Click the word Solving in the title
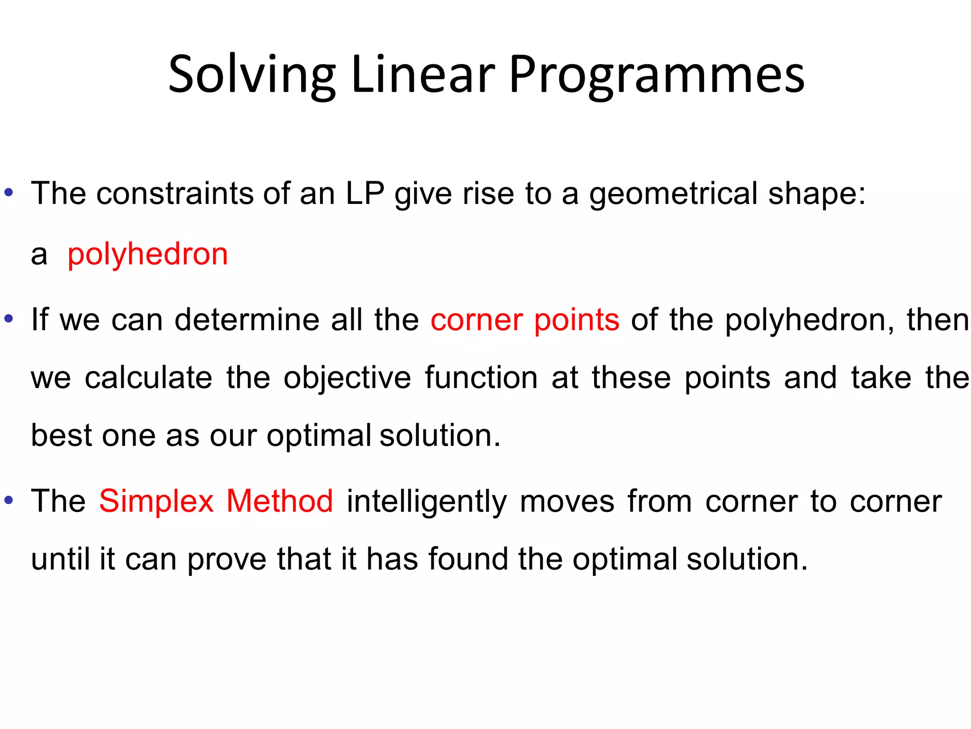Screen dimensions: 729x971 tap(252, 75)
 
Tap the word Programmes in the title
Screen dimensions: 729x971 tap(657, 75)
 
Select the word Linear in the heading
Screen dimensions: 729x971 tap(423, 75)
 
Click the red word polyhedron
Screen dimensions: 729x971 tap(147, 254)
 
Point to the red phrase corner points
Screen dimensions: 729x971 tap(525, 320)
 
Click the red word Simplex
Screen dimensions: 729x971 tap(156, 501)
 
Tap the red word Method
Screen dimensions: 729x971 tap(280, 501)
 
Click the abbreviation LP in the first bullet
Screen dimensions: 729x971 tap(365, 194)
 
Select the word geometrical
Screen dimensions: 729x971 tap(673, 194)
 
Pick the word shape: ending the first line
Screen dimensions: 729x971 tap(817, 194)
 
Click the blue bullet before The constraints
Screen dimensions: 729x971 tap(9, 193)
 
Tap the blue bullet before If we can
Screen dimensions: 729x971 tap(9, 319)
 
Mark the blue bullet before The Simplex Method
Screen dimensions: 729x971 tap(9, 500)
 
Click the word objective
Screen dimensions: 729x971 tap(347, 378)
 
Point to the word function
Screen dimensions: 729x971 tap(481, 378)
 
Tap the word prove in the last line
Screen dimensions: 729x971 tap(227, 560)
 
